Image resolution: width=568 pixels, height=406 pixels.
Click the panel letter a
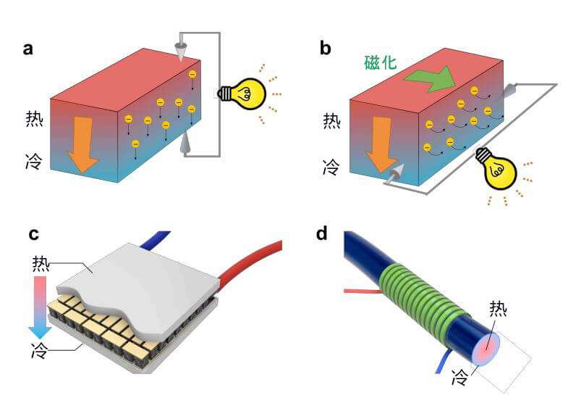click(x=28, y=49)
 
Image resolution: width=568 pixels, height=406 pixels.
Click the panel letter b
click(x=326, y=49)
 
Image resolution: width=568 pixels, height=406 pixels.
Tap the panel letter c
click(x=33, y=234)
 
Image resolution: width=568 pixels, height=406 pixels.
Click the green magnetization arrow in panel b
click(x=430, y=78)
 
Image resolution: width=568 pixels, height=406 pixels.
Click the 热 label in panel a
click(x=33, y=118)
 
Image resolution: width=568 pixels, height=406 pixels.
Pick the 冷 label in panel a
click(x=33, y=158)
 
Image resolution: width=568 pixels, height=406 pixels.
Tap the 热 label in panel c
click(x=41, y=264)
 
